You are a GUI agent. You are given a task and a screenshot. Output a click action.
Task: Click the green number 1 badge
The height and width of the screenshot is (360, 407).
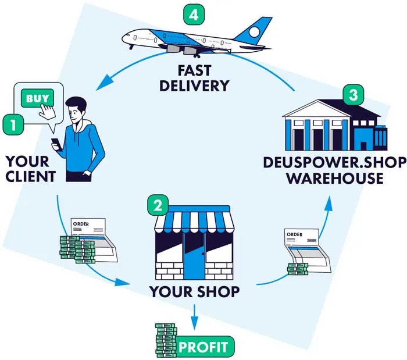12,124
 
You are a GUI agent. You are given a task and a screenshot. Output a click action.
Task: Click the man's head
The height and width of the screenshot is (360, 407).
76,109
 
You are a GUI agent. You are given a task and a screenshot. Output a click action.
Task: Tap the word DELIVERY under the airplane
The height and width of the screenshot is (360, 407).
194,86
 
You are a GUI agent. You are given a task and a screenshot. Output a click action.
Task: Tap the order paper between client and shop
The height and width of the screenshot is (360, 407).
94,236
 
